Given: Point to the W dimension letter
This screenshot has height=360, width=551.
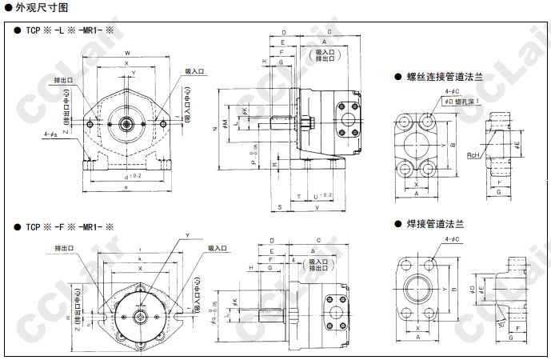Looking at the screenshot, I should [127, 54].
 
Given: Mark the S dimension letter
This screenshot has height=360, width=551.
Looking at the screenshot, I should [281, 207].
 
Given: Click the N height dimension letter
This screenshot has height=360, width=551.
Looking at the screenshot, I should [216, 129].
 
